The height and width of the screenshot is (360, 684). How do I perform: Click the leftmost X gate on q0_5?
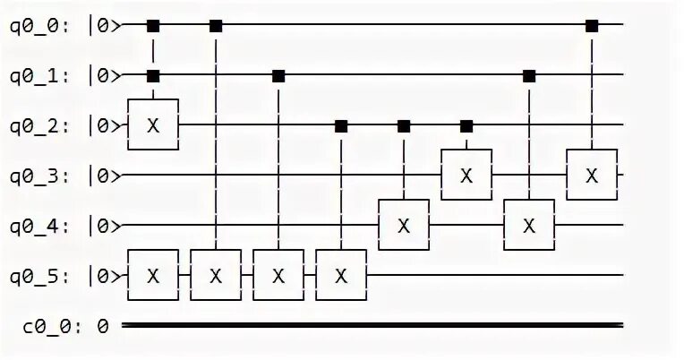(x=153, y=275)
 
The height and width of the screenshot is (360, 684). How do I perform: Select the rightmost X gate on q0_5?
(x=340, y=275)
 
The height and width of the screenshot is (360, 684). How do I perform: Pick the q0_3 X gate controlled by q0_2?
(x=466, y=175)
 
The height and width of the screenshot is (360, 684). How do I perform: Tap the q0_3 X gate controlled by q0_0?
(x=591, y=175)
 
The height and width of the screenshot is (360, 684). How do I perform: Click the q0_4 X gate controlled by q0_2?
(x=404, y=225)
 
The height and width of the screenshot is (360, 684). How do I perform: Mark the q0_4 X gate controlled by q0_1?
(x=529, y=225)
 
